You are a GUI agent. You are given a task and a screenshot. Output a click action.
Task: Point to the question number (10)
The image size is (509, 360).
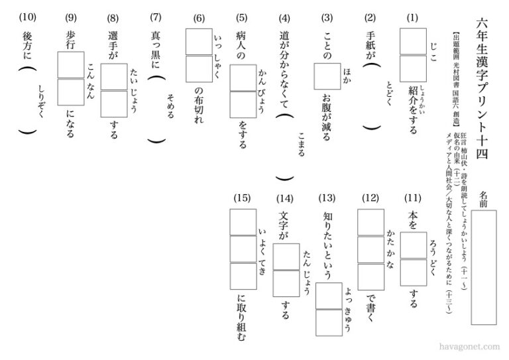(x=27, y=18)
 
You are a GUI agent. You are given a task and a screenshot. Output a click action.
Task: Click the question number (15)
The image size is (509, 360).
(x=243, y=198)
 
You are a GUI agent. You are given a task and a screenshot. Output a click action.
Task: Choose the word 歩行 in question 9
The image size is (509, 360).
(x=70, y=40)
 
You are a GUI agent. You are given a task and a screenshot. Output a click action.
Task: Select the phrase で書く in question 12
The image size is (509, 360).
(x=370, y=309)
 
